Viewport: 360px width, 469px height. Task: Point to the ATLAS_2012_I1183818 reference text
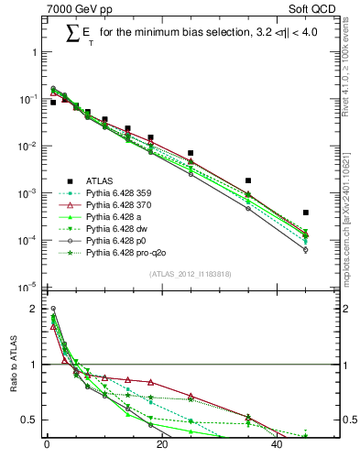189,275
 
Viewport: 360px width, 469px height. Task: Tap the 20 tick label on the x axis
161,448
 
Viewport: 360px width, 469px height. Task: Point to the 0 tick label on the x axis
47,448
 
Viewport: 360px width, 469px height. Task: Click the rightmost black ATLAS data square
305,213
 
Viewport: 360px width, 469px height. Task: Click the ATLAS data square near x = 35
248,180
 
